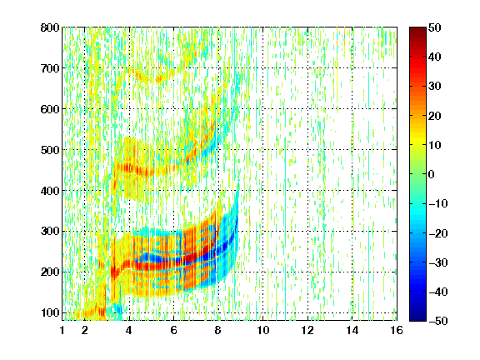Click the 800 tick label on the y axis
(x=50, y=27)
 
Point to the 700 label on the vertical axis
(x=50, y=68)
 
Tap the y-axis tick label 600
(x=50, y=109)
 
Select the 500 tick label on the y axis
(x=50, y=150)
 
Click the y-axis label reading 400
(x=50, y=191)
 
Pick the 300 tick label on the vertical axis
(x=50, y=232)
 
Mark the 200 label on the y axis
(x=50, y=272)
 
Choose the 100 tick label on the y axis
(x=50, y=312)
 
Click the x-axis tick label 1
(x=62, y=331)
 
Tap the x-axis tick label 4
(x=129, y=331)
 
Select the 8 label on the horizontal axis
(x=218, y=331)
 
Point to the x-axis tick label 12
(x=307, y=331)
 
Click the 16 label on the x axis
(x=397, y=331)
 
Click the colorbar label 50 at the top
(x=435, y=27)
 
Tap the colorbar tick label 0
(x=432, y=174)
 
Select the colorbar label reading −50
(x=438, y=321)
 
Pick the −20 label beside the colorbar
(x=438, y=233)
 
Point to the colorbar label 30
(x=435, y=87)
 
